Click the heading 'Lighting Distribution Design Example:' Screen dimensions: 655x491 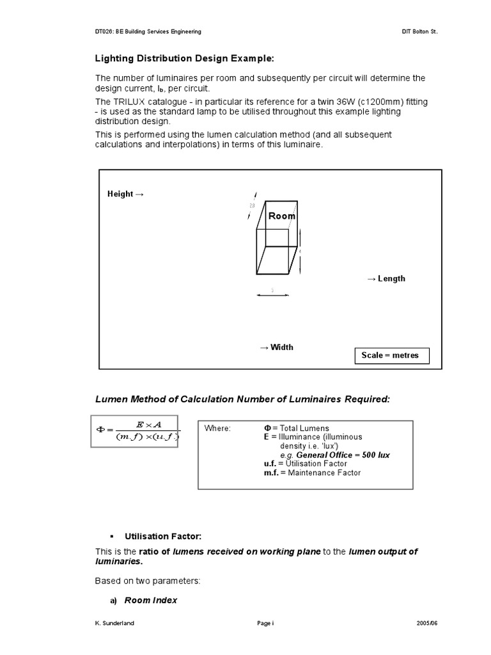click(184, 58)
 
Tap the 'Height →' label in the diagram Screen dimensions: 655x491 click(126, 194)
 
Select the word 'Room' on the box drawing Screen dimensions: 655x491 click(282, 216)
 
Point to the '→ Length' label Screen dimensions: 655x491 click(386, 278)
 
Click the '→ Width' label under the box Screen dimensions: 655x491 click(276, 347)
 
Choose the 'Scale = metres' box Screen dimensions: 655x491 click(390, 356)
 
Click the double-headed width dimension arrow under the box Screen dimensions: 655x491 click(272, 295)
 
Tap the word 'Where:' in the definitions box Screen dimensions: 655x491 click(217, 428)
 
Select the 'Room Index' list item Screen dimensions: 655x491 click(151, 601)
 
